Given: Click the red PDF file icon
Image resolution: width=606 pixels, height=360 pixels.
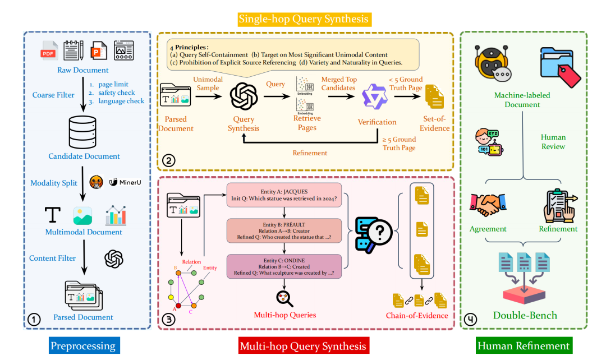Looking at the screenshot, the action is pos(49,50).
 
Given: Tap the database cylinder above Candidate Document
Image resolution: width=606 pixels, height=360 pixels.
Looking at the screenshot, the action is pos(82,132).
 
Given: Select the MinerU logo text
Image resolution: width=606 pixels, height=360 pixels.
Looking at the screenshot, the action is pos(125,182).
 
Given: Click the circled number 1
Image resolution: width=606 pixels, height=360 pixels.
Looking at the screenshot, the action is pos(34,320).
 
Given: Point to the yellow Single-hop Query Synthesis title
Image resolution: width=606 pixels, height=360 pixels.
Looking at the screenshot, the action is pos(304,19).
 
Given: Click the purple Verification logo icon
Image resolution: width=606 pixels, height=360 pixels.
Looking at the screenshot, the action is pos(374,96).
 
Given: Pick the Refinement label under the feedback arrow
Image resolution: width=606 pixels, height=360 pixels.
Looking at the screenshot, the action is pos(310,153).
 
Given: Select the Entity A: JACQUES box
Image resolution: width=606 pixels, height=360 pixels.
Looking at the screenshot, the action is pos(284,195).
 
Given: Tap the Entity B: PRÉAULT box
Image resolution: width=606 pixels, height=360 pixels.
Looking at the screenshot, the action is pos(284,230).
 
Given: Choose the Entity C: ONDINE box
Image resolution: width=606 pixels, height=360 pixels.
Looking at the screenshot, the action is pos(284,266).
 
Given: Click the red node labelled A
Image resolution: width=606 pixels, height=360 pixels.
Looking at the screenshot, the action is pos(178,306).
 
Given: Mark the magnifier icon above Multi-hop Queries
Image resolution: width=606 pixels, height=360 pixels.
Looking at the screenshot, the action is pos(284,299).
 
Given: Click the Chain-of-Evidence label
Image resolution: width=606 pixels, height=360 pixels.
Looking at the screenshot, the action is pos(417,316).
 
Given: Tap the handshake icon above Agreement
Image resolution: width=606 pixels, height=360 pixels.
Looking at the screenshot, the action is pos(488,204).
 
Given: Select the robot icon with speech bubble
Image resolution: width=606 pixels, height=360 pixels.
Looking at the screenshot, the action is pos(493,64).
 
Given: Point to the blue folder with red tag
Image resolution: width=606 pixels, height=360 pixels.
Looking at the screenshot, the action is pos(560,67).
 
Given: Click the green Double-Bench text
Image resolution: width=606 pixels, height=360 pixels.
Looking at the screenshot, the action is pos(525,315).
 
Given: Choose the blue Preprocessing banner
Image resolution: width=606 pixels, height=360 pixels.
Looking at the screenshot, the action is pos(84,345).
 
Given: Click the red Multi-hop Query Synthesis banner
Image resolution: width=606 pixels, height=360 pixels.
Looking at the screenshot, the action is pos(304,346).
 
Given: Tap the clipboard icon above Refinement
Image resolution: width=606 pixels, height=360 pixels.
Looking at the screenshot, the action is pos(560,205).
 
